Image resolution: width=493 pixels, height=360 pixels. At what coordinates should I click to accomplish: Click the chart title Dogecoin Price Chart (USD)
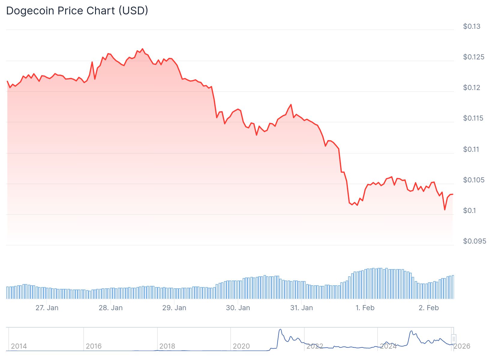tap(77, 11)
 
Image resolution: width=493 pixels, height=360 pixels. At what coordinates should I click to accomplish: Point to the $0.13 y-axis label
tap(471, 26)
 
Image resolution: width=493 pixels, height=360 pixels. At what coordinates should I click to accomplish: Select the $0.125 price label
tap(474, 57)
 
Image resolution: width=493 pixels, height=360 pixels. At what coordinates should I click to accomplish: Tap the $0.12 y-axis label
tap(471, 88)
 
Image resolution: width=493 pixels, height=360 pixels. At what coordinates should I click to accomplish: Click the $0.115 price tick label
tap(473, 118)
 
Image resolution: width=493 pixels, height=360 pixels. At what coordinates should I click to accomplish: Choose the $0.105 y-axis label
tap(474, 180)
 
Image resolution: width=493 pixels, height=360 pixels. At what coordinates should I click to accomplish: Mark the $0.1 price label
tap(469, 211)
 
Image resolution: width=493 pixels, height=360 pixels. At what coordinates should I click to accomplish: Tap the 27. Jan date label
tap(47, 308)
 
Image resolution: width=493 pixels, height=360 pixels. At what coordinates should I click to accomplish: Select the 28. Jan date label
tap(111, 308)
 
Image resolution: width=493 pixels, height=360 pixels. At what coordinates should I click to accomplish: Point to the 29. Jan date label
tap(174, 308)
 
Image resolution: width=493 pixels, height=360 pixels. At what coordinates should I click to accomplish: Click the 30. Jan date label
tap(238, 308)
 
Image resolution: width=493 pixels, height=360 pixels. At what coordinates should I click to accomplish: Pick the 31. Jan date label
tap(301, 308)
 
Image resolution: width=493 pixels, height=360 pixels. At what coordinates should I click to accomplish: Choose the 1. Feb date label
tap(365, 308)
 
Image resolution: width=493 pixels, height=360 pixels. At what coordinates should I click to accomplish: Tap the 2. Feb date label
tap(429, 308)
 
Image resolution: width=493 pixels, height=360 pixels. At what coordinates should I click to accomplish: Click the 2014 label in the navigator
tap(19, 346)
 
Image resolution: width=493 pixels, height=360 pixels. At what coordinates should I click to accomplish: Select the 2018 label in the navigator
tap(167, 346)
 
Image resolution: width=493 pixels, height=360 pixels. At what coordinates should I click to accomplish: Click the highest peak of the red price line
tap(142, 49)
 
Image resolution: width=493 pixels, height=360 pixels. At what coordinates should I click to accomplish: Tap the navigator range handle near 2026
tap(454, 339)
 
